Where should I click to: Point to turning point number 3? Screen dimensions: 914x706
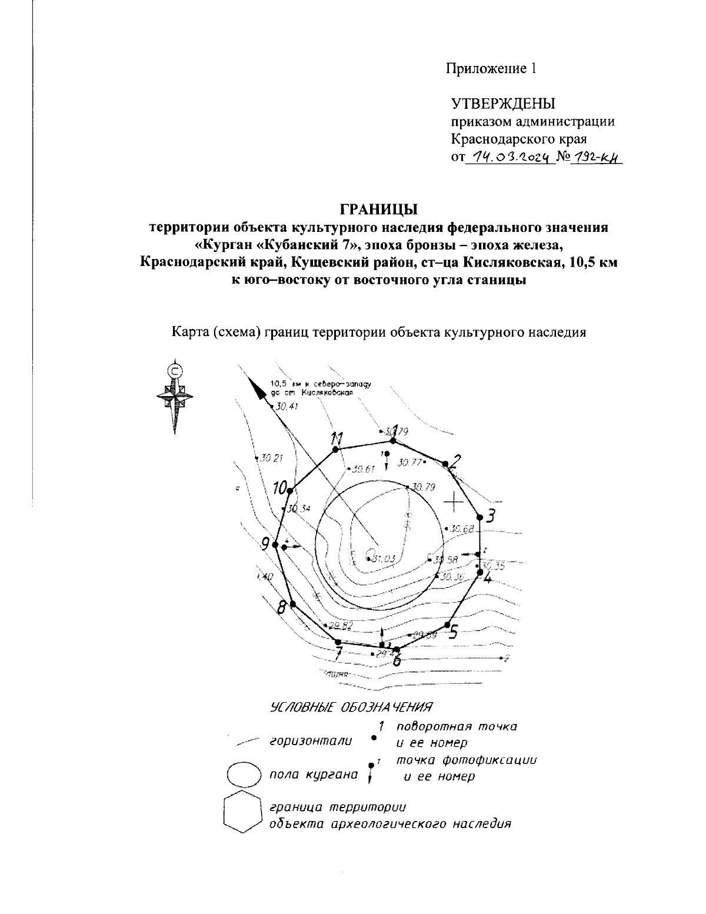(x=481, y=519)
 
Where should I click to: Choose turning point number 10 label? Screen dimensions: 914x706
(x=282, y=487)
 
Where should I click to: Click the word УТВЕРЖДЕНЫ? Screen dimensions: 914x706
(x=502, y=104)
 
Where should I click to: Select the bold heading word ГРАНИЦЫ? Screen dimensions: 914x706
(x=378, y=208)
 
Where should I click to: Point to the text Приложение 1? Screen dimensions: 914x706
(x=491, y=69)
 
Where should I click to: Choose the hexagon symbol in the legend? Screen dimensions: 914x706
(x=242, y=814)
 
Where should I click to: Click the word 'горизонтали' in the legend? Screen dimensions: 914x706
(x=310, y=741)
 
